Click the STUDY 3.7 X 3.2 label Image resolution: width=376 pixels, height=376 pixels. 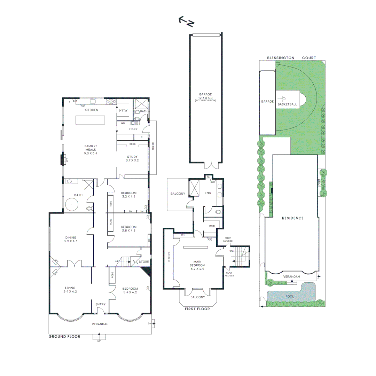point(132,159)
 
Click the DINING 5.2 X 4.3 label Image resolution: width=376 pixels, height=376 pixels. point(71,239)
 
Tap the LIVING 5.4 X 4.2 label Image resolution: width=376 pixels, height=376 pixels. point(70,290)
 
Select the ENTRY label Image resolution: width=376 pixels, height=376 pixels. point(100,304)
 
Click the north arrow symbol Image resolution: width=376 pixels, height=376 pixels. point(187,22)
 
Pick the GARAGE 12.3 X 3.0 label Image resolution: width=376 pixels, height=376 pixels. point(205,96)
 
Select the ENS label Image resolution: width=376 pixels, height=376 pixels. point(207,193)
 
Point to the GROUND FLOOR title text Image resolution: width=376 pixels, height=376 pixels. point(64,337)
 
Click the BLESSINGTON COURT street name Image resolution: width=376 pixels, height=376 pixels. point(291,58)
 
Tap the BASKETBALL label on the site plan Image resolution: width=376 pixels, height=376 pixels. point(287,104)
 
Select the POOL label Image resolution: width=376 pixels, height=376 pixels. point(290,296)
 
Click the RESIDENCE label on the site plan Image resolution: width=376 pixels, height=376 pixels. point(293,218)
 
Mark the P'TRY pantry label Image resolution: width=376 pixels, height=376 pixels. point(123,110)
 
